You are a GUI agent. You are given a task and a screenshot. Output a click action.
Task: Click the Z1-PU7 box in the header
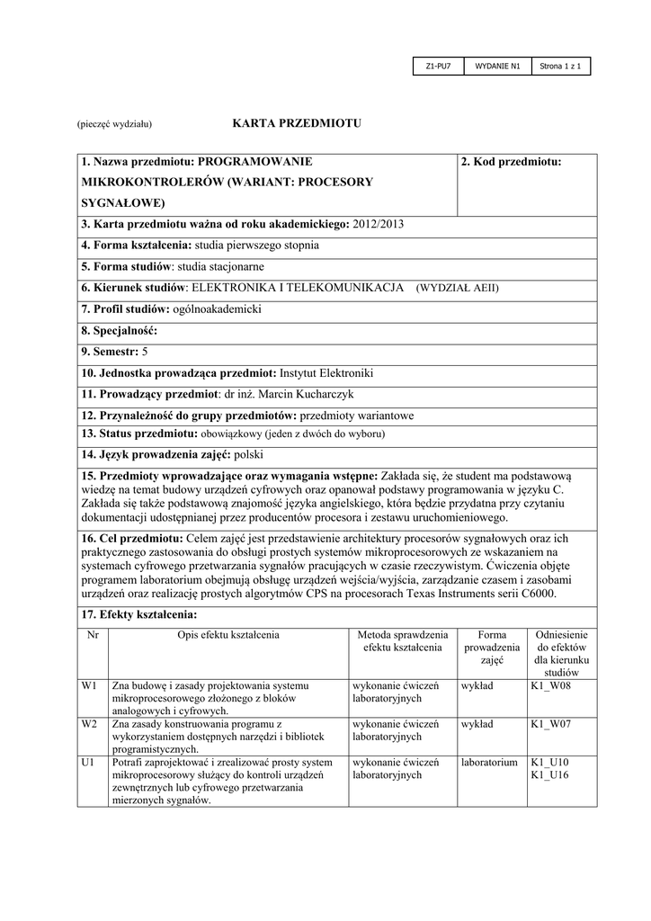pos(438,67)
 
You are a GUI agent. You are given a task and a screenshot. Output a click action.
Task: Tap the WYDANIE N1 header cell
pos(498,67)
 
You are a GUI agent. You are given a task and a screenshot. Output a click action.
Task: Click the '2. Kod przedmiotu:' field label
pos(511,162)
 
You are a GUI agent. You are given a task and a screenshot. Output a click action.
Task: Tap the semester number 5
pos(146,351)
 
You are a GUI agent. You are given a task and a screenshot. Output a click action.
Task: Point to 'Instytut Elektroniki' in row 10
pos(326,372)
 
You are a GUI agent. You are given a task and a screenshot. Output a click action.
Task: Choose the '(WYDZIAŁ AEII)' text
pos(457,288)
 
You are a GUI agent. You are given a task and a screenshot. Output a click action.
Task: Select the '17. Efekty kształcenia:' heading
pos(138,615)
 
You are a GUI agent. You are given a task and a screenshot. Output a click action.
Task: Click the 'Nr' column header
pos(93,635)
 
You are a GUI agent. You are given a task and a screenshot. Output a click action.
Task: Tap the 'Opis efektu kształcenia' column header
pos(228,635)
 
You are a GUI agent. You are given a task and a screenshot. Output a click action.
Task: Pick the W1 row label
pos(89,685)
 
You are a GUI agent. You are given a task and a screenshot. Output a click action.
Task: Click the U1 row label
pos(88,763)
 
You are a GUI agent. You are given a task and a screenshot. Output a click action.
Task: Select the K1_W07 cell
pos(551,724)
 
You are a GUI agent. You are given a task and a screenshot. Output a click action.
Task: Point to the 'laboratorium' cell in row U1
pos(489,763)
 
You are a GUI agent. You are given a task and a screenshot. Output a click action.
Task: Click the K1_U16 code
pos(549,775)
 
